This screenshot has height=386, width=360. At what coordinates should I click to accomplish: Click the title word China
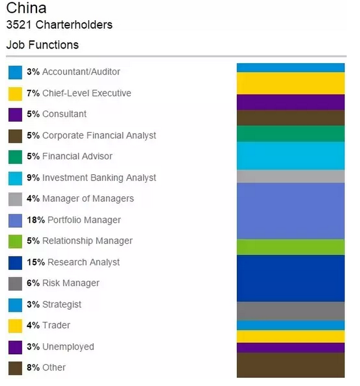click(26, 8)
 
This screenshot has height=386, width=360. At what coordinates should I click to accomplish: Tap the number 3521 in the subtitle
click(19, 25)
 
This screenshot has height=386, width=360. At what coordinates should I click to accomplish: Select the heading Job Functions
click(42, 45)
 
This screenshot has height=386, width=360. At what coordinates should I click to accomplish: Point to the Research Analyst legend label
click(83, 262)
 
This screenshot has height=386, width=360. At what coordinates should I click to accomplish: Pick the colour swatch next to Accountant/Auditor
click(16, 72)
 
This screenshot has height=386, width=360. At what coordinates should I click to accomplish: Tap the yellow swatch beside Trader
click(16, 326)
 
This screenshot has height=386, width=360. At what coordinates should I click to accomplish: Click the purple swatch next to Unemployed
click(16, 347)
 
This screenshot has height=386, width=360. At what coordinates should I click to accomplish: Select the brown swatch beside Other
click(16, 368)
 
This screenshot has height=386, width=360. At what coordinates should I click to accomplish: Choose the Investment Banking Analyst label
click(99, 178)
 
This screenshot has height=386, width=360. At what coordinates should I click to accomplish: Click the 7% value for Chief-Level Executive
click(32, 93)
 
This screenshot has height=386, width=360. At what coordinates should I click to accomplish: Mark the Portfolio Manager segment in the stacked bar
click(291, 211)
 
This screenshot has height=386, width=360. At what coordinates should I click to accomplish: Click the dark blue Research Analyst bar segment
click(291, 278)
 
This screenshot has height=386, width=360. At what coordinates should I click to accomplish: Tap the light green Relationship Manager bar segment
click(291, 247)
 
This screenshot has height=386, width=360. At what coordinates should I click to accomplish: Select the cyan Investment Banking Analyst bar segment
click(291, 156)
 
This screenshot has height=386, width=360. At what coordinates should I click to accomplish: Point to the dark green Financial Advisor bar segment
click(291, 134)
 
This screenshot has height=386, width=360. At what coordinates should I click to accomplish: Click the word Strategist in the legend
click(62, 304)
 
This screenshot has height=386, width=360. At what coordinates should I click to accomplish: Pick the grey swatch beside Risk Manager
click(16, 284)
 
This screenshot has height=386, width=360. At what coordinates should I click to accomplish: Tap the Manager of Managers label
click(88, 198)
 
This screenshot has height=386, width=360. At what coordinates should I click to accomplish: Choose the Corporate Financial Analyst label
click(99, 135)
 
